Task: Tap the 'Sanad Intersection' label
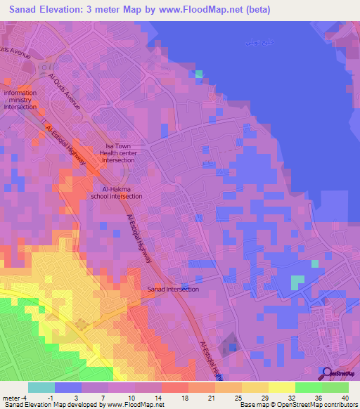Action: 173,289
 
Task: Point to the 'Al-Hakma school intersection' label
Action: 117,193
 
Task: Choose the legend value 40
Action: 345,397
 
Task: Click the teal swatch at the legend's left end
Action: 41,387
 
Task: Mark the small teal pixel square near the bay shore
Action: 199,74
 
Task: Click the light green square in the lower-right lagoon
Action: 298,282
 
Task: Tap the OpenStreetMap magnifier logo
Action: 325,372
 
